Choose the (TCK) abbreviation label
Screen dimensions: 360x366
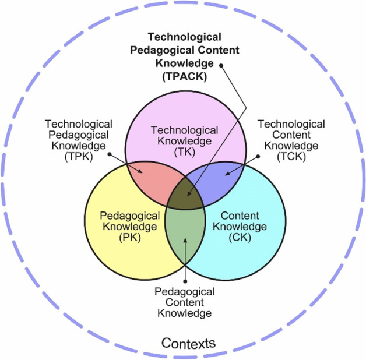291,156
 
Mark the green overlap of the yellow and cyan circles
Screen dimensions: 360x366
185,233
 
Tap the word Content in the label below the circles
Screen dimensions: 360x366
185,303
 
